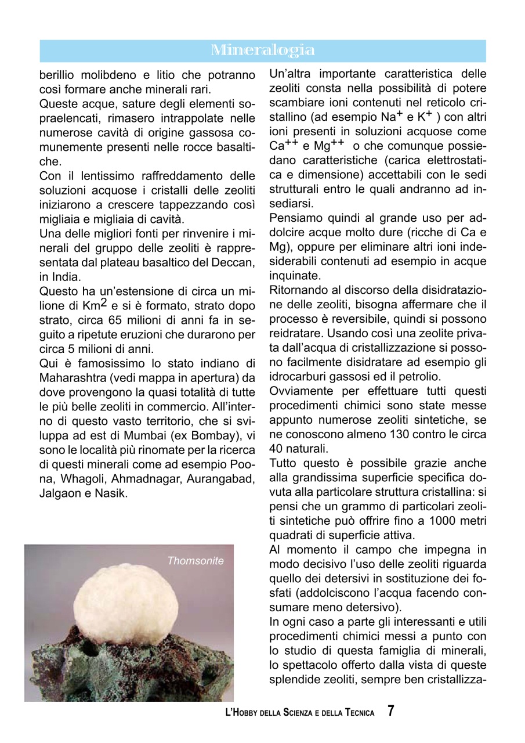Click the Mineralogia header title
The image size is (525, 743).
point(263,51)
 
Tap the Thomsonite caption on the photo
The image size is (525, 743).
point(195,561)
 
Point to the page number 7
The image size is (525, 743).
point(391,711)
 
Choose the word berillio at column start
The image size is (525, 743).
point(59,75)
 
